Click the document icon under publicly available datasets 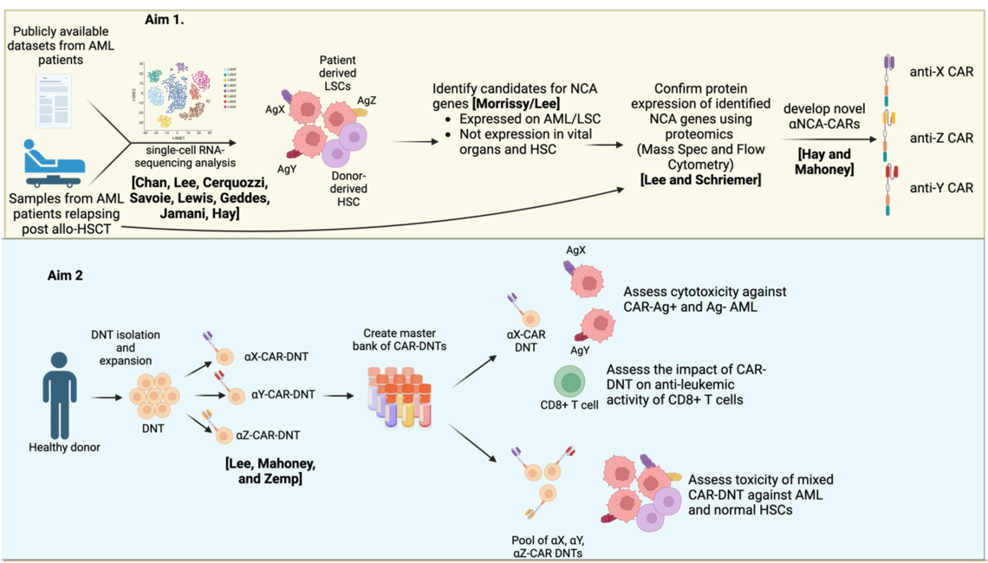(53, 100)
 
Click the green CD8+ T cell (569, 381)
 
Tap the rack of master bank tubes (400, 399)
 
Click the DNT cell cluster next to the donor (154, 397)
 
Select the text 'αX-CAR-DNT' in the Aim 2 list (276, 356)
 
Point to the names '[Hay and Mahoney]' (822, 163)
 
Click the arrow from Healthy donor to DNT (103, 397)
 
